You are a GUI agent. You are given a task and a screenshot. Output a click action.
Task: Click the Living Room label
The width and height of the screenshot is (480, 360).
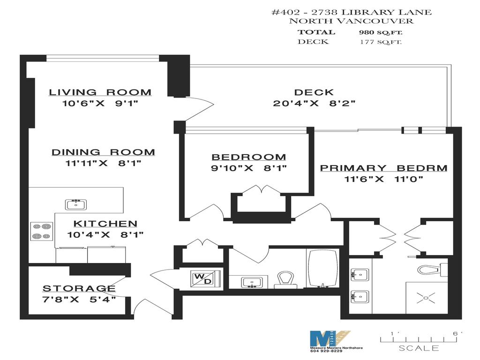coord(100,92)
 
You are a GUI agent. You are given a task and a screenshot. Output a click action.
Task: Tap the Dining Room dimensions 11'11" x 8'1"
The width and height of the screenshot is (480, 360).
coord(103,163)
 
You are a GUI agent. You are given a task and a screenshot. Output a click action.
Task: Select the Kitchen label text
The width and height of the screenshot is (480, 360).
coord(105,224)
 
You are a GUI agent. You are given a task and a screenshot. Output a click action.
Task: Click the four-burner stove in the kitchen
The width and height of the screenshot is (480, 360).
coord(42,231)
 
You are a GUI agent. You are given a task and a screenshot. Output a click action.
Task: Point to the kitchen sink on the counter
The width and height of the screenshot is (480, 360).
coord(76,204)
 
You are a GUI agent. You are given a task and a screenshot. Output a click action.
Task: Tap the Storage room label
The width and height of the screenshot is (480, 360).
coord(79,288)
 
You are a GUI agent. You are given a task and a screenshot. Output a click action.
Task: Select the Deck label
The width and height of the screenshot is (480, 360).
coord(314,92)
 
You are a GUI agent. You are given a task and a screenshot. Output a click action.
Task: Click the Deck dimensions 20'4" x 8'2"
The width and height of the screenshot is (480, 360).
coord(314,103)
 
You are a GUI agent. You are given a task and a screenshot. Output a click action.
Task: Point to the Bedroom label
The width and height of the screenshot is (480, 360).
coord(249,157)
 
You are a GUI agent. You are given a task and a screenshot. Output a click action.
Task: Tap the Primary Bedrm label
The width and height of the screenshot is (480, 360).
coord(383,168)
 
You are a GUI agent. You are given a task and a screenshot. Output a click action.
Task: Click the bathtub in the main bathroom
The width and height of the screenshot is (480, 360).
coord(322,269)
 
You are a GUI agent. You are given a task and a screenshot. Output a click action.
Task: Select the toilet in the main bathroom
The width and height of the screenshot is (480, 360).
coord(285,280)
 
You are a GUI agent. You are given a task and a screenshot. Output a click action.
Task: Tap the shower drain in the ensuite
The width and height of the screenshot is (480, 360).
coord(426,298)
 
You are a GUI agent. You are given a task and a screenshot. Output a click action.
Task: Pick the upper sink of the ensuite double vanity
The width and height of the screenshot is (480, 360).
coord(360,275)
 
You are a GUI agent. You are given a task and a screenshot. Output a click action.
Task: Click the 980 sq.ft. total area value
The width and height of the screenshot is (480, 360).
coord(381,32)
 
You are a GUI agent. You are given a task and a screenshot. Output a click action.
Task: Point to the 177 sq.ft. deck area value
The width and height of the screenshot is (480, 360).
coord(381,42)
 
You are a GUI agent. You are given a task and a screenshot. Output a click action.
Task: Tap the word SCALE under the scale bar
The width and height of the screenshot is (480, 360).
coord(419,348)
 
